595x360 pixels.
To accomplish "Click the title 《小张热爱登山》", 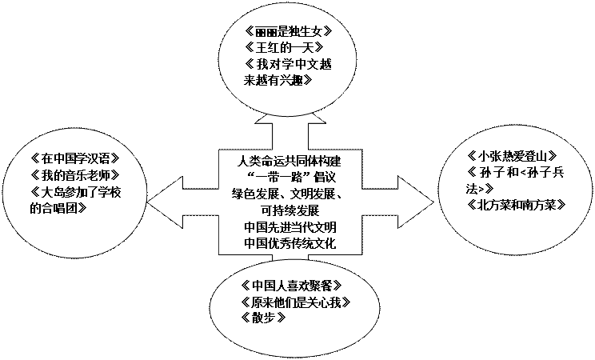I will (x=511, y=155).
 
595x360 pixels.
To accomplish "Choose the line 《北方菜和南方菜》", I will (x=517, y=205).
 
